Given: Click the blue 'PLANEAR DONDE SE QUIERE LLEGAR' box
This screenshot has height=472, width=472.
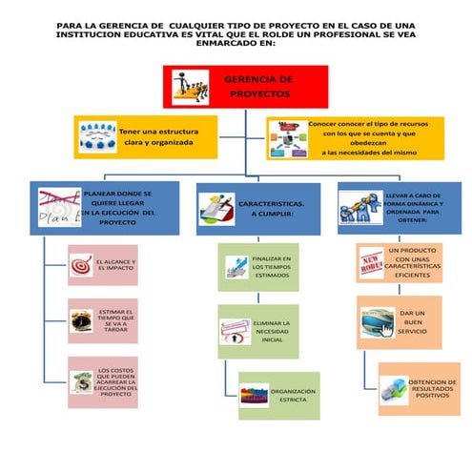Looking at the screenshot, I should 103,207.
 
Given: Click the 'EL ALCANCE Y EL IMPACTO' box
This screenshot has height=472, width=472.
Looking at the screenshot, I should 104,266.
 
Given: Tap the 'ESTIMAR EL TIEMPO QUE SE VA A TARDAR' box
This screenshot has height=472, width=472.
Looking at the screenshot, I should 104,320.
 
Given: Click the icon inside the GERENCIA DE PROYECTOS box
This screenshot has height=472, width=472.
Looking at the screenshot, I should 191,87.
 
